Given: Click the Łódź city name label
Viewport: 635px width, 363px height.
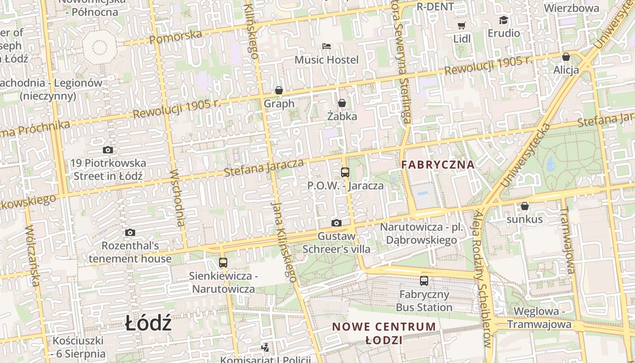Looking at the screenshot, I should (x=148, y=324).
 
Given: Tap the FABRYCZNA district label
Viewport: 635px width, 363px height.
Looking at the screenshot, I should (x=438, y=165).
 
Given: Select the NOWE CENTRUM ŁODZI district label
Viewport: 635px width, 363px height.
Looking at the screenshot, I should (x=384, y=333).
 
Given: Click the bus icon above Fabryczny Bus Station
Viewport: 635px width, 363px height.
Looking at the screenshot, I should (x=424, y=281).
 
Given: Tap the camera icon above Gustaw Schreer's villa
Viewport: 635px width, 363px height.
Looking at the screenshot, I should (x=336, y=223).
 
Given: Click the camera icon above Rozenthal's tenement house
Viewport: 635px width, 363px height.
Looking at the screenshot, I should (x=130, y=233).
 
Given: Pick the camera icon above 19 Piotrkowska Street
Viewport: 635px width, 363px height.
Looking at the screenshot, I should (x=108, y=150).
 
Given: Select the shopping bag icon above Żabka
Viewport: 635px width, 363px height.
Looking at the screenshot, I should (x=342, y=103).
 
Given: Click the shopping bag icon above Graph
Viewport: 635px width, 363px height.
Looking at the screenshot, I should (x=279, y=90).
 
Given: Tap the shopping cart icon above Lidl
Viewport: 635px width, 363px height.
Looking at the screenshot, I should (x=462, y=25).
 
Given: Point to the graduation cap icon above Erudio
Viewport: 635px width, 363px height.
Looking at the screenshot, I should (x=503, y=20).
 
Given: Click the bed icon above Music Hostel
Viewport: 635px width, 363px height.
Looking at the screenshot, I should (x=327, y=46).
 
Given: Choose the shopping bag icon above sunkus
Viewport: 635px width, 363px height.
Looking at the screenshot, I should (x=525, y=206).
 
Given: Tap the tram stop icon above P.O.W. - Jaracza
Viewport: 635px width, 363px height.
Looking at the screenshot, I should (x=345, y=172).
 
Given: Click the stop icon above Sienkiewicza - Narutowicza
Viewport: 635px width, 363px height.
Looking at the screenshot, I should (x=223, y=262).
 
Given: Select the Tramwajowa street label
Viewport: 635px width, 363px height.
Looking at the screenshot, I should (x=567, y=236).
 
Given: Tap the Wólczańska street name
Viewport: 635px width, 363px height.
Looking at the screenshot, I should (x=32, y=255).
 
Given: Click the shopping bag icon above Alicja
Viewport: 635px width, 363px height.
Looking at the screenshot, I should (x=566, y=57).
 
